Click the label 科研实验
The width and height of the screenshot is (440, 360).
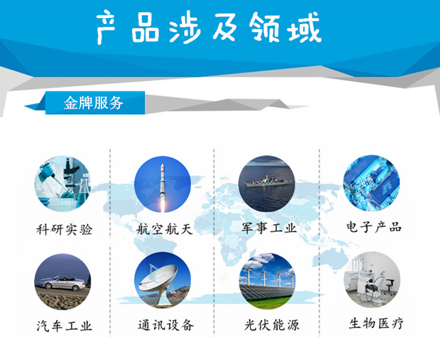65,230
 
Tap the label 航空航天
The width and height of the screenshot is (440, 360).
165,229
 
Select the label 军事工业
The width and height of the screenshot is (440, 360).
269,228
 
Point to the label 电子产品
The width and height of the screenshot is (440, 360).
374,227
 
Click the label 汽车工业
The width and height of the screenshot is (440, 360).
65,326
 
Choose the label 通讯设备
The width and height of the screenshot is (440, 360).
166,325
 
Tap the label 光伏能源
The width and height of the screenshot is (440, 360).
272,325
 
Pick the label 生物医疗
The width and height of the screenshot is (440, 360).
376,323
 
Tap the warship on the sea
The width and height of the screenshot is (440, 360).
268,181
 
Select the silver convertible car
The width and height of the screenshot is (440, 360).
62,283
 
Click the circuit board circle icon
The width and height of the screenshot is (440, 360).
371,183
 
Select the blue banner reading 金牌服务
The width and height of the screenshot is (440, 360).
95,103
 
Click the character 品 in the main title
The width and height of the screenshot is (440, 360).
145,28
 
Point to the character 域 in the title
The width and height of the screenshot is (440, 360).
304,28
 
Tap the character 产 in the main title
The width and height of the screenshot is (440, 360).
106,28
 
